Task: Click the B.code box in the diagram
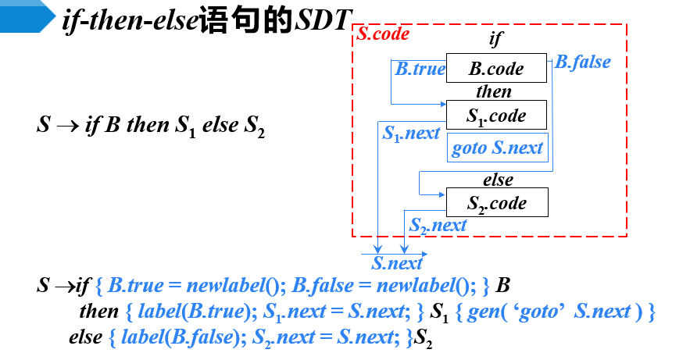coord(496,68)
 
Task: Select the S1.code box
coord(496,116)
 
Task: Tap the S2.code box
coord(497,203)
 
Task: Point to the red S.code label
coord(383,34)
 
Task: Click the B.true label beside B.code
coord(420,69)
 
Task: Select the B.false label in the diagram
coord(583,62)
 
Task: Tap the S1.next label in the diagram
coord(411,134)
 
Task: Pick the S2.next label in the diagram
coord(438,226)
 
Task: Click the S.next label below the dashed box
coord(397,263)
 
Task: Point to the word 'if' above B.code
coord(496,39)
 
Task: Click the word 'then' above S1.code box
coord(494,92)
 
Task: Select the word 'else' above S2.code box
coord(498,180)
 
